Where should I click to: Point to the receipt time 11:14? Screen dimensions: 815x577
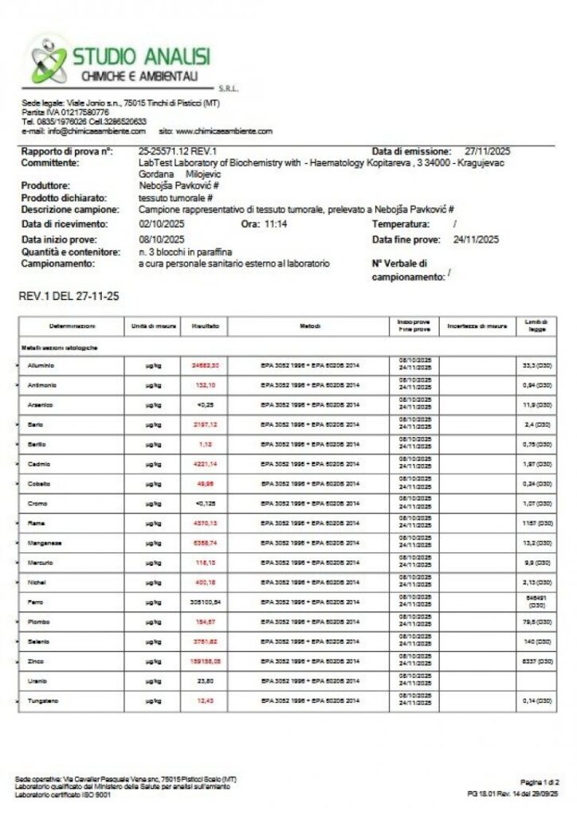pyautogui.click(x=277, y=224)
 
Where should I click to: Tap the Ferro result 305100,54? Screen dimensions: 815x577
pyautogui.click(x=206, y=602)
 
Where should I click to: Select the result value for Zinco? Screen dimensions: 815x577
pyautogui.click(x=206, y=661)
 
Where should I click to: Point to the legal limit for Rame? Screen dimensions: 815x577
pyautogui.click(x=536, y=524)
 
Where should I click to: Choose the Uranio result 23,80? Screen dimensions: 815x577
pyautogui.click(x=206, y=681)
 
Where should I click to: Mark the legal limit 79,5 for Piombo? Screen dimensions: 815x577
pyautogui.click(x=536, y=622)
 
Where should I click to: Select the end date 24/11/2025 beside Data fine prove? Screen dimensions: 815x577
pyautogui.click(x=476, y=239)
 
